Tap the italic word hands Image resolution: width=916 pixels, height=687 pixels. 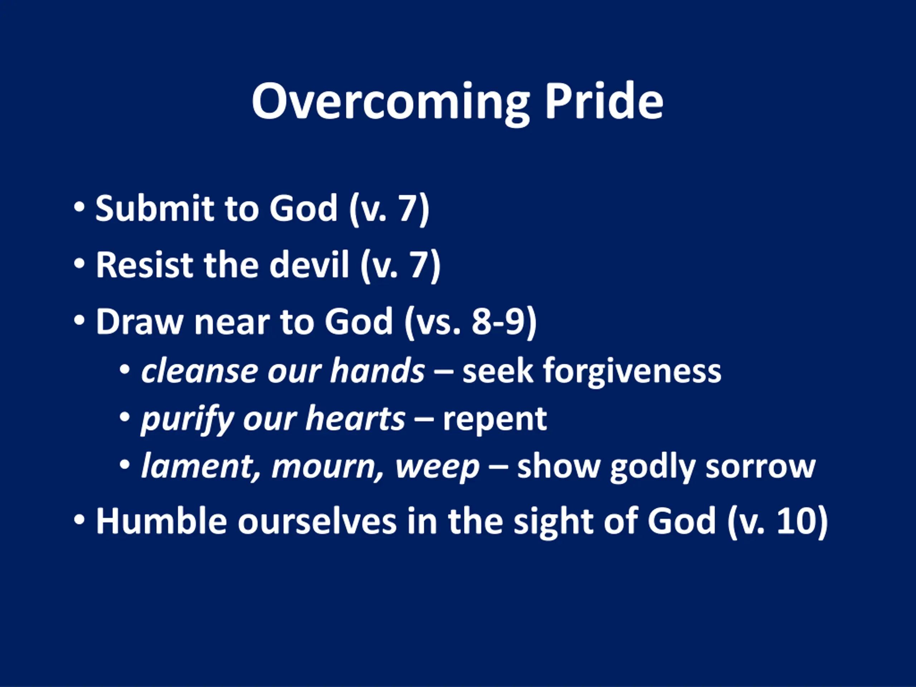[x=377, y=370]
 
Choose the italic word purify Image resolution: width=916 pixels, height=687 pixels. [x=187, y=419]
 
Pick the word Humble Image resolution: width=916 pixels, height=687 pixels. [x=161, y=521]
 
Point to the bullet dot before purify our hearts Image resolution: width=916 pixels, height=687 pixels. [x=125, y=417]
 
